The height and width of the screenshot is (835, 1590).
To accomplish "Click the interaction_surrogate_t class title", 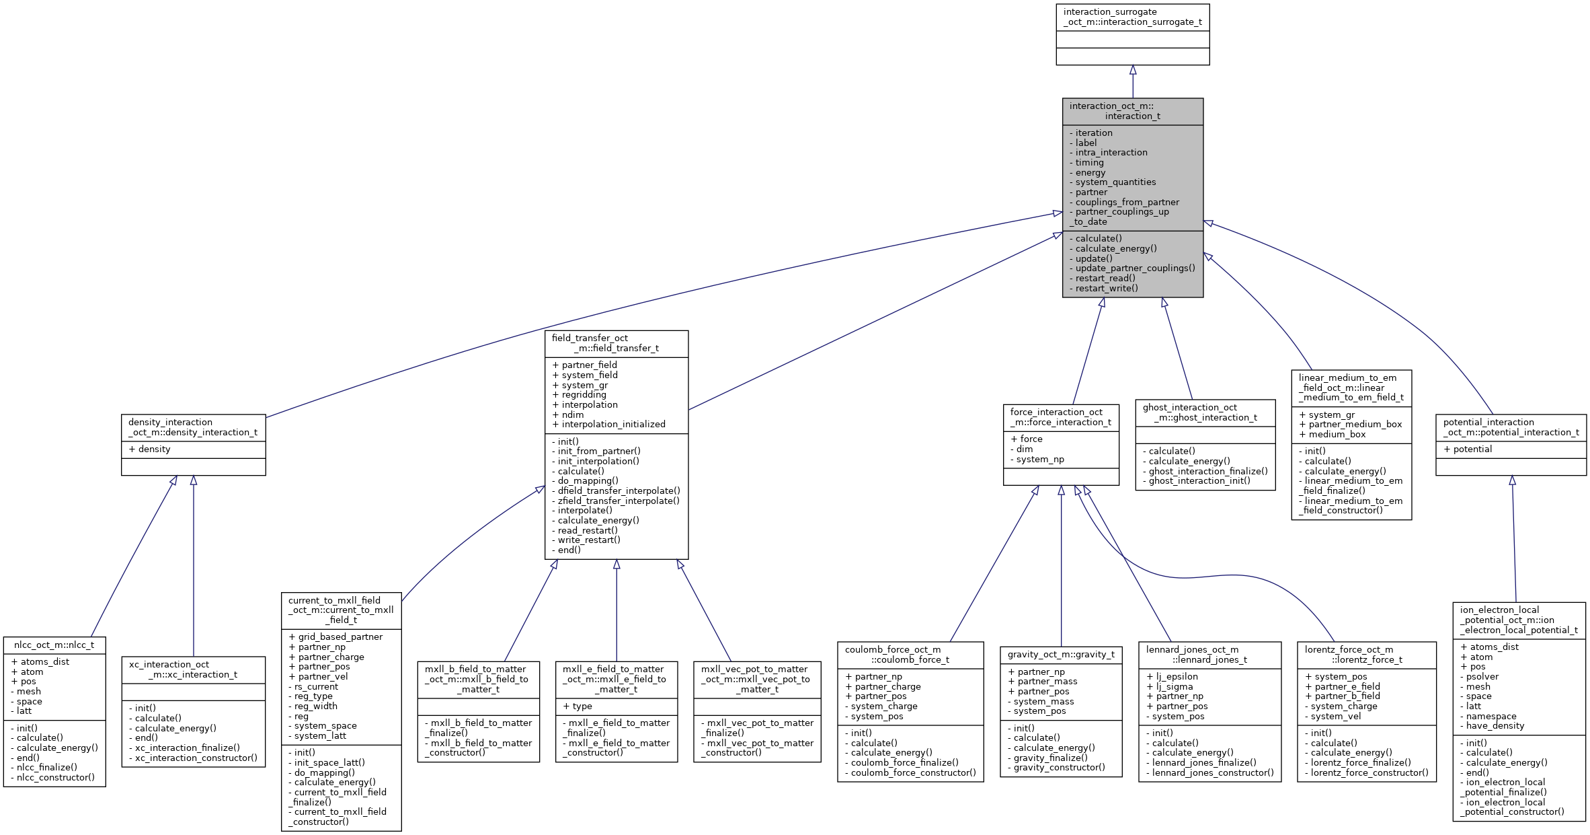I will point(1132,17).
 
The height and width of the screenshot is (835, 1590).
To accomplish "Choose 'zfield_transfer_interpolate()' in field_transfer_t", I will point(618,501).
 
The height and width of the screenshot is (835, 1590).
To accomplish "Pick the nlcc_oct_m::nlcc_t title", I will point(54,645).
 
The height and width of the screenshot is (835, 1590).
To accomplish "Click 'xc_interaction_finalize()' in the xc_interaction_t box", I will point(187,748).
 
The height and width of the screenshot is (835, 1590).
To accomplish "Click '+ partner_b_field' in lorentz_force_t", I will point(1347,696).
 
